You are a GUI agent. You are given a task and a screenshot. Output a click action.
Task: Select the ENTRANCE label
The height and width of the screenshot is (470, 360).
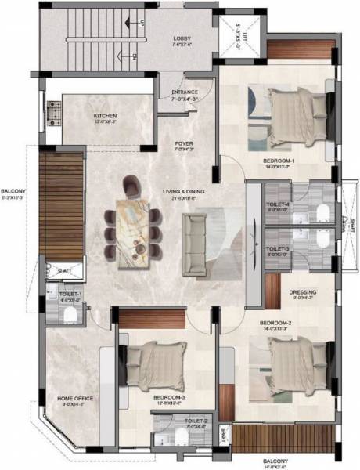coord(185,93)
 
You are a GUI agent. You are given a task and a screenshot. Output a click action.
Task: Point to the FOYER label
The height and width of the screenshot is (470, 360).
coord(183,144)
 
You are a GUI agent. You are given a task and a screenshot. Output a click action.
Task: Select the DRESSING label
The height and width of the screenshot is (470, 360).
coord(302,293)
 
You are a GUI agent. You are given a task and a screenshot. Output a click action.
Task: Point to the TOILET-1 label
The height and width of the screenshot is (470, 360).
coord(70,293)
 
